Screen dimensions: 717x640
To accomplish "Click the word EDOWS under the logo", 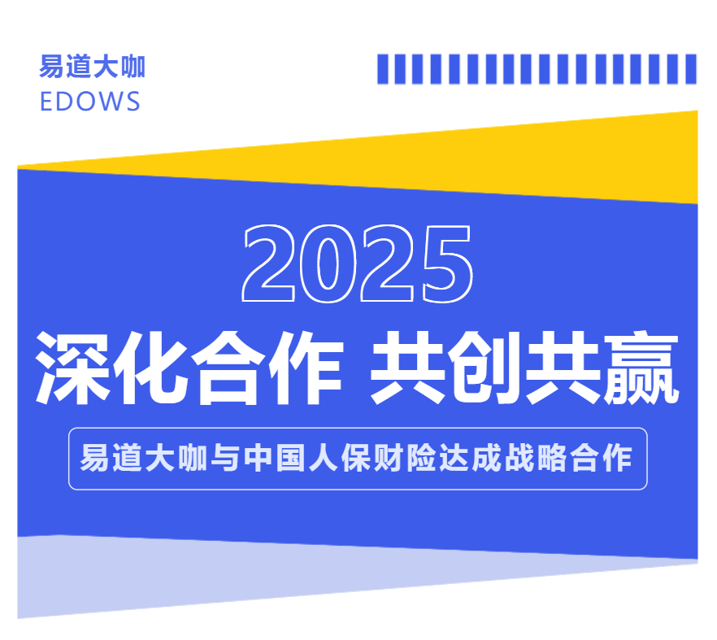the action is point(90,102).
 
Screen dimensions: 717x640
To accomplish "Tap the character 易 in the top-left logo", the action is point(52,67).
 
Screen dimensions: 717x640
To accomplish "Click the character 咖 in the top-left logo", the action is point(133,67).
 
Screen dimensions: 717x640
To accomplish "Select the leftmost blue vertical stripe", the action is point(382,69).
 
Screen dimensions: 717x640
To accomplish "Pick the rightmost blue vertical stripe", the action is point(691,69).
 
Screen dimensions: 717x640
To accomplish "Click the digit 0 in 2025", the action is point(328,263).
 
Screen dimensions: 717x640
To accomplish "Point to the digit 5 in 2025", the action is point(447,264).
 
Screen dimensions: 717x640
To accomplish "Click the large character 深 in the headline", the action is point(73,368).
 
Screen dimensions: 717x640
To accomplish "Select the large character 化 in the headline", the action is point(151,368).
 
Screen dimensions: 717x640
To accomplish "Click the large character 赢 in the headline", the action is point(641,368).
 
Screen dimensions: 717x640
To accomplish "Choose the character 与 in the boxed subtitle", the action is point(225,458).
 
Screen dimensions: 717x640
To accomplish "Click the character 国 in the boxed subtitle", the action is point(291,458).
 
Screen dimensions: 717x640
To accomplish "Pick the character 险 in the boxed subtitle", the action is point(422,458).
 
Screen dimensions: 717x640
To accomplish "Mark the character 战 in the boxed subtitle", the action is point(519,458).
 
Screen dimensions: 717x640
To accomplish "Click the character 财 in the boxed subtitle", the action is point(389,458).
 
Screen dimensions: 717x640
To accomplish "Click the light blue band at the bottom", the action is point(228,572).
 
